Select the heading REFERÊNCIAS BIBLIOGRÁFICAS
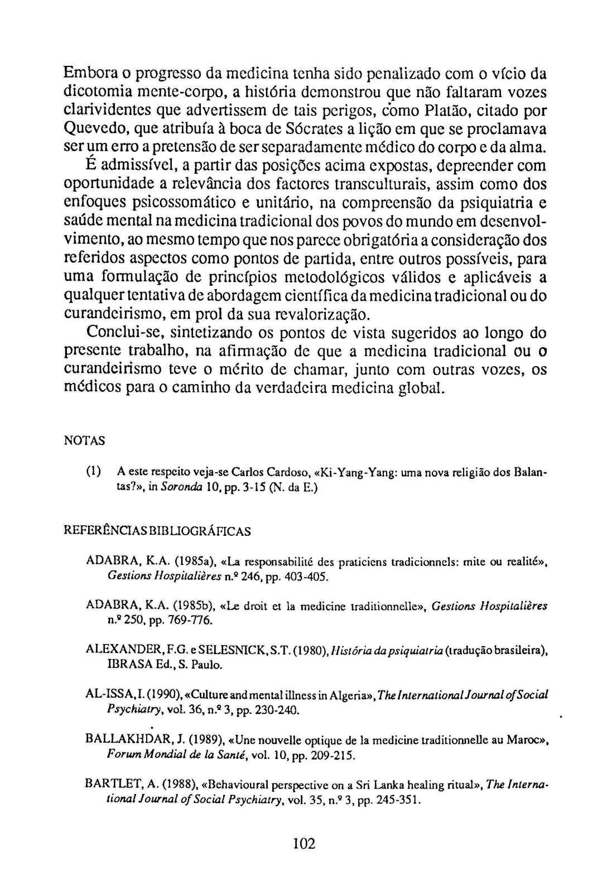pyautogui.click(x=158, y=531)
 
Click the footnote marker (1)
pyautogui.click(x=93, y=472)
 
